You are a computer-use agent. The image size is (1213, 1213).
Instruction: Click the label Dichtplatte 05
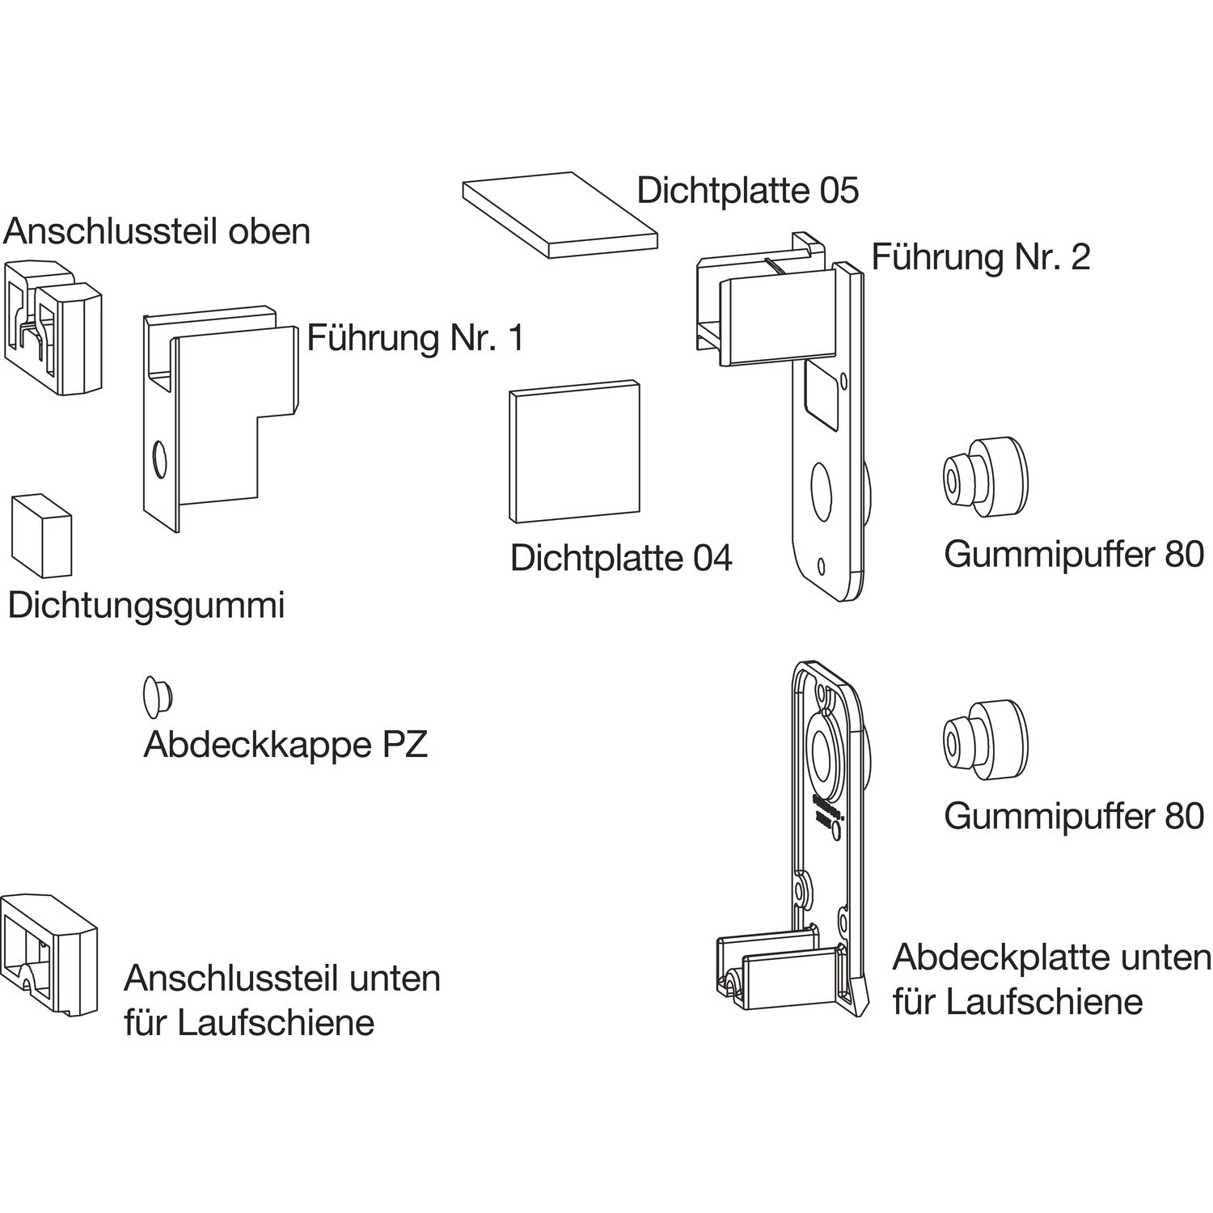pyautogui.click(x=747, y=191)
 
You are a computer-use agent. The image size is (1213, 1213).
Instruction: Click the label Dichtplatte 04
pyautogui.click(x=621, y=559)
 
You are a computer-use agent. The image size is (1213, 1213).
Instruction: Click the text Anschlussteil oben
pyautogui.click(x=157, y=231)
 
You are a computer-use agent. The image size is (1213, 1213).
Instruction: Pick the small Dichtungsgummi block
pyautogui.click(x=42, y=536)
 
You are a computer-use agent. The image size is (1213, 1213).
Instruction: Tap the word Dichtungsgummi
pyautogui.click(x=146, y=606)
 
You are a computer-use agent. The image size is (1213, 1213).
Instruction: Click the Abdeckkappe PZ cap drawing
pyautogui.click(x=157, y=695)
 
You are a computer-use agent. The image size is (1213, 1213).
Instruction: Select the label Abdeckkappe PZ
pyautogui.click(x=285, y=745)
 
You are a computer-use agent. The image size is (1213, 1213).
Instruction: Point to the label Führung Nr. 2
pyautogui.click(x=980, y=257)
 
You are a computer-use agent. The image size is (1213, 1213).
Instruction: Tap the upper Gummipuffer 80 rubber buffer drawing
pyautogui.click(x=985, y=477)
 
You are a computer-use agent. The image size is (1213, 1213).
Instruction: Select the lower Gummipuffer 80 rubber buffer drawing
pyautogui.click(x=985, y=739)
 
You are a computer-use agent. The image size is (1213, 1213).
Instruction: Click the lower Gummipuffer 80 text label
pyautogui.click(x=1073, y=816)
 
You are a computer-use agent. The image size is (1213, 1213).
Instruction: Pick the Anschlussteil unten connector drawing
pyautogui.click(x=50, y=954)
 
